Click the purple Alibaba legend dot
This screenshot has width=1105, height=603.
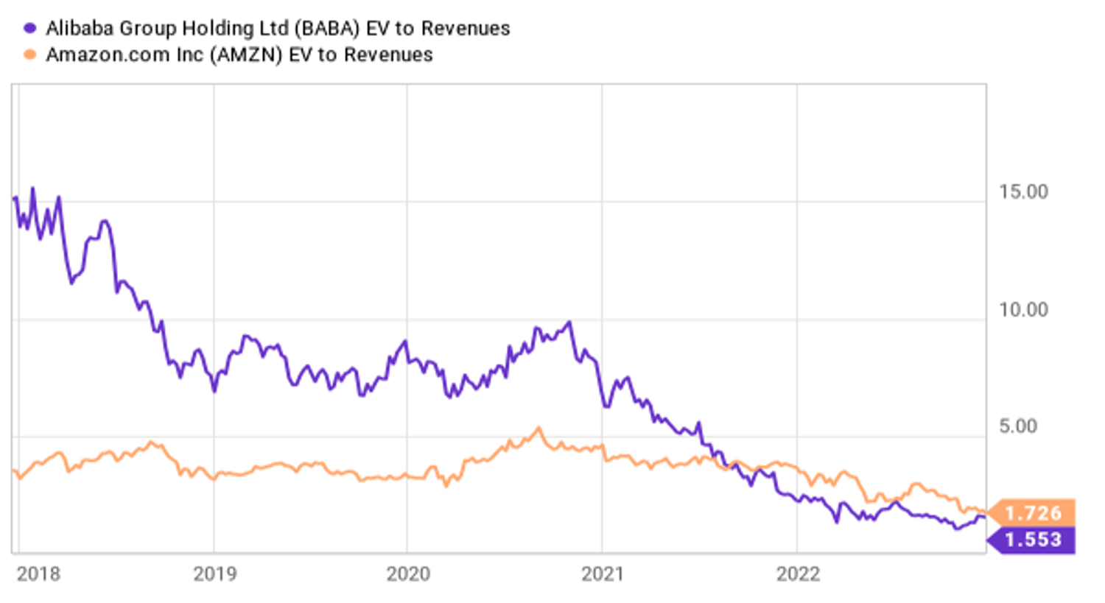coord(29,29)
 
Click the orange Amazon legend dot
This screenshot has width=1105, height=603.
coord(29,54)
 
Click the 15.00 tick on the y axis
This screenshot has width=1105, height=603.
coord(1023,192)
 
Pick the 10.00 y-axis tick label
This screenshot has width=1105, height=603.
coord(1023,310)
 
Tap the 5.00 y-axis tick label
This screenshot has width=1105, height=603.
coord(1018,426)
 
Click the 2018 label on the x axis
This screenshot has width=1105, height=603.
coord(38,574)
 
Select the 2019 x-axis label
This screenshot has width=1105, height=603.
coord(214,574)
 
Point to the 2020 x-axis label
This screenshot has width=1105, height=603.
coord(408,574)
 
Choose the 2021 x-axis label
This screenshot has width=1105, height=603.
coord(603,574)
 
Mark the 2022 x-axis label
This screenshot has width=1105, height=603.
coord(798,574)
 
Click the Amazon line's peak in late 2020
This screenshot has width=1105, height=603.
coord(539,428)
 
